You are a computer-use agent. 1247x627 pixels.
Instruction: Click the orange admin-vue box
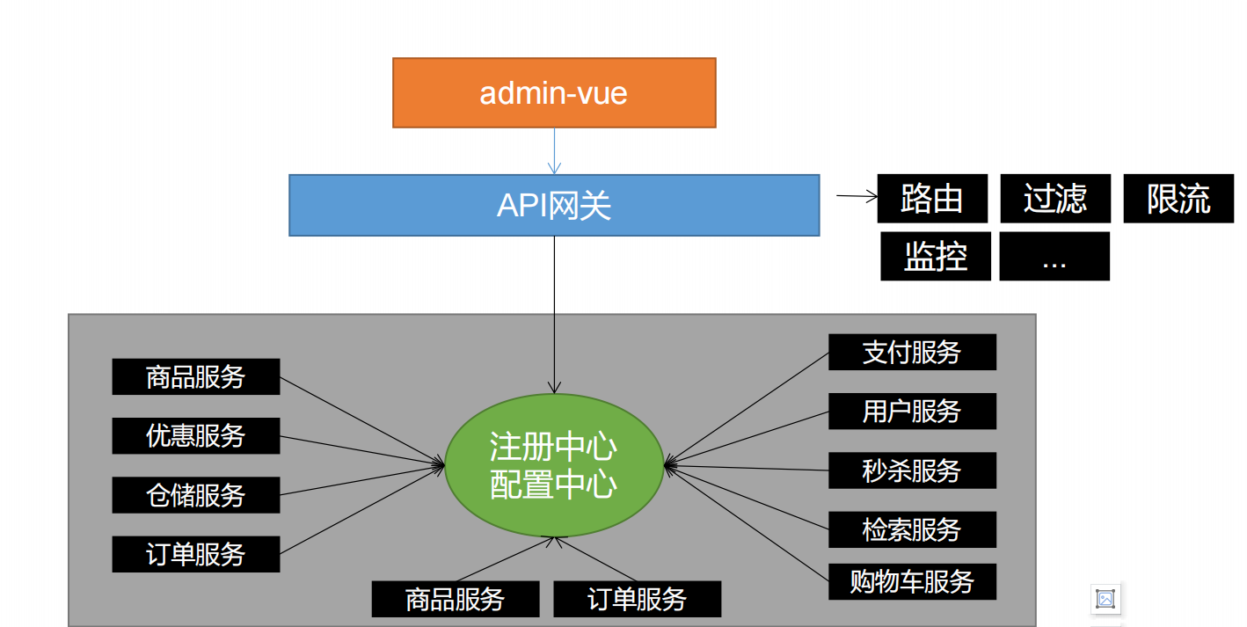[554, 93]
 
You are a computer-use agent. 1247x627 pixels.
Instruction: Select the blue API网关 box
[554, 205]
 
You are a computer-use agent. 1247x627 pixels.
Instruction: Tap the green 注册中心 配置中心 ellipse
[553, 466]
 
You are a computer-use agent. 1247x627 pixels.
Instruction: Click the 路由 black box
[932, 199]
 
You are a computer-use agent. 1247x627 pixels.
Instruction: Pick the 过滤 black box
[1055, 199]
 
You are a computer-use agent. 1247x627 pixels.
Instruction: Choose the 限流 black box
[1178, 199]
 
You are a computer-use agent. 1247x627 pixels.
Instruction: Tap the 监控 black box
[936, 257]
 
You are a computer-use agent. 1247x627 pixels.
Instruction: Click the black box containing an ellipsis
[1054, 257]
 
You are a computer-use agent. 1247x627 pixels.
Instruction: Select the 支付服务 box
[912, 352]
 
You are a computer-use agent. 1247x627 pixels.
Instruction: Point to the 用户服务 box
[912, 411]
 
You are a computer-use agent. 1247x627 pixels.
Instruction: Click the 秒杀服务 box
[912, 470]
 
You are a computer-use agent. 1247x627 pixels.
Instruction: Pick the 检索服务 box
[912, 529]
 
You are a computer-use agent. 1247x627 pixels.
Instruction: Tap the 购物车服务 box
[912, 582]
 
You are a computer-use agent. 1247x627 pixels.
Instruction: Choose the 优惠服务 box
[196, 435]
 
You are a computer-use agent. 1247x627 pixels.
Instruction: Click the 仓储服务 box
[196, 495]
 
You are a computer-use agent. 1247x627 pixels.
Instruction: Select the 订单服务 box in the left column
[196, 554]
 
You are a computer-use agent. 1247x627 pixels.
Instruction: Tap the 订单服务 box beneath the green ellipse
[637, 599]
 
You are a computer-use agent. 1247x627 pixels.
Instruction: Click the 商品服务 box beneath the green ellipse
[456, 599]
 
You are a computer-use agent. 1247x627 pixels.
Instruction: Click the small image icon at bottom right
[1105, 600]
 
